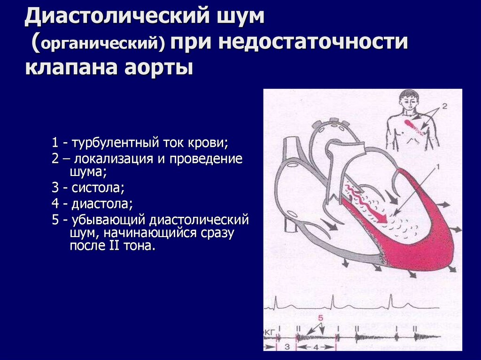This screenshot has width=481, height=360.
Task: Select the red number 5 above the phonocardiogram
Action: click(x=320, y=318)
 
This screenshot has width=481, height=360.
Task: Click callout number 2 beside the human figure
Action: click(x=445, y=107)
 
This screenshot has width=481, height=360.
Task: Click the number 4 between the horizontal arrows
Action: click(x=316, y=348)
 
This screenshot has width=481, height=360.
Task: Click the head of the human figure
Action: click(x=409, y=100)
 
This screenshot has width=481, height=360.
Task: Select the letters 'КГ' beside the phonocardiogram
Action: click(x=270, y=332)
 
